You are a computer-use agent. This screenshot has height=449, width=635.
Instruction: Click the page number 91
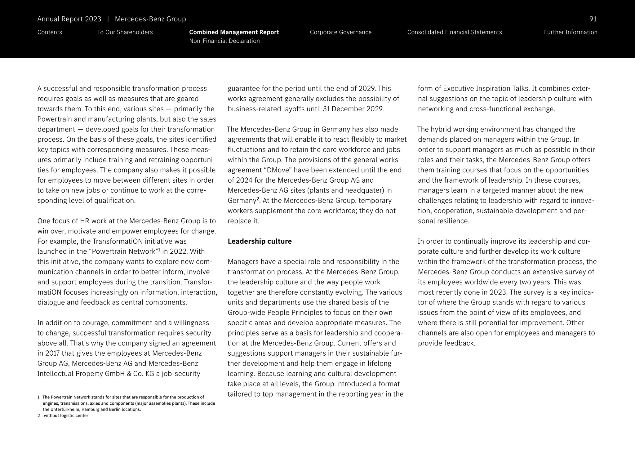pos(593,19)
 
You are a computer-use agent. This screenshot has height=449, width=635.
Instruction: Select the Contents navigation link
pos(50,32)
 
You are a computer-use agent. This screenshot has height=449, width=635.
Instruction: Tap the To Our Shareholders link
pos(125,32)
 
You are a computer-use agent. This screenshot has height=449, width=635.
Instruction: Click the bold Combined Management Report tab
pos(234,32)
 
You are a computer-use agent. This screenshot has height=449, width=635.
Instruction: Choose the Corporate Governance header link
pos(340,32)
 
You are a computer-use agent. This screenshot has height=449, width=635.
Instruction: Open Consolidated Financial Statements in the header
pos(454,32)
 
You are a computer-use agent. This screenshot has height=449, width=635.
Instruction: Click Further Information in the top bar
pos(570,32)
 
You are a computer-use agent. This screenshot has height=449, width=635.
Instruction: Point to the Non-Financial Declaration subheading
pos(224,41)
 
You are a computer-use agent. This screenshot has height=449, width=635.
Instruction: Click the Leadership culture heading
pos(260,241)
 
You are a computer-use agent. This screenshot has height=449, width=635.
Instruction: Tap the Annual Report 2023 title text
pos(69,19)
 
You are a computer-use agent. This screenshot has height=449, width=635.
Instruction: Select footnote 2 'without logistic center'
pos(66,416)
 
